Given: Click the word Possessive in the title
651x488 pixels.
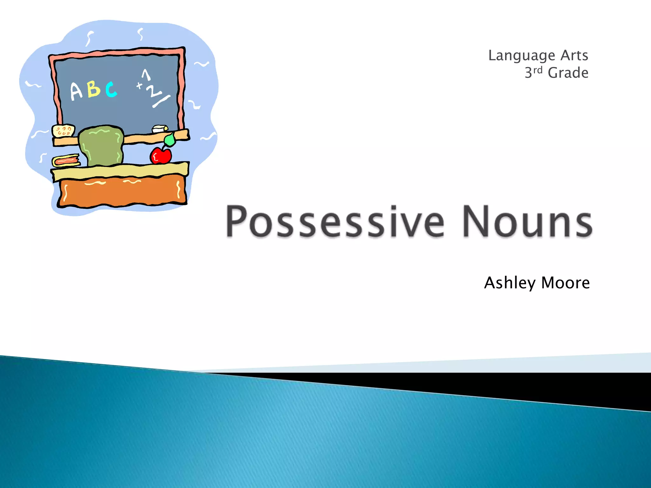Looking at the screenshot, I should [335, 221].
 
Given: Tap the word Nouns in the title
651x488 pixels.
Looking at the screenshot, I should [527, 221].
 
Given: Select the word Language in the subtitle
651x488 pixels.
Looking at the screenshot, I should [521, 56].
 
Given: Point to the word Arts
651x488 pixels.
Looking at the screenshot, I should [574, 55].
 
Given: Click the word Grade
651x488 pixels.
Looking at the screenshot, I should [568, 73].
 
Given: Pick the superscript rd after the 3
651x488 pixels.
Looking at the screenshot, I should [538, 70].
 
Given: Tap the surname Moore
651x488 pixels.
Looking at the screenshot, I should [565, 283].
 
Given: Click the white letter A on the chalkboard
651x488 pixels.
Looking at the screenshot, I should [76, 91].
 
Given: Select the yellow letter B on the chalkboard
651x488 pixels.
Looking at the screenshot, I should [94, 89].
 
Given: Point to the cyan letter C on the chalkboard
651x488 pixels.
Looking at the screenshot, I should [111, 89].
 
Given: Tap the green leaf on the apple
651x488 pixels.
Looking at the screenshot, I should [170, 139].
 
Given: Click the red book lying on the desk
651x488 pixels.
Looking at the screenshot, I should [66, 161].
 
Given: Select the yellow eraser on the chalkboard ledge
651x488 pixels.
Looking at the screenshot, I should [64, 131].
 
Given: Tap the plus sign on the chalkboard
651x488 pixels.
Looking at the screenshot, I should [139, 85].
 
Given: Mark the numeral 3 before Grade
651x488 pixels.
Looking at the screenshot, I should [528, 73].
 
